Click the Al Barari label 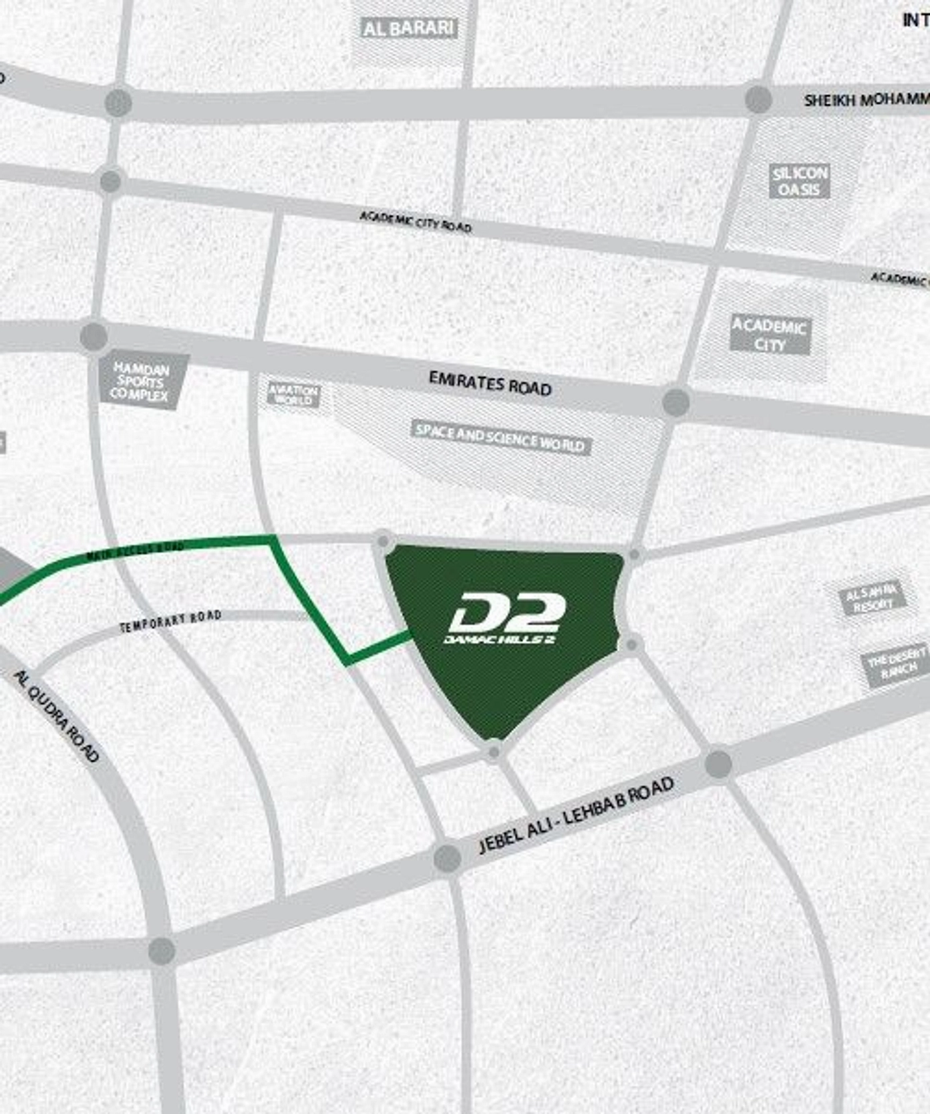click(409, 28)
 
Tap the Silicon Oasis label click(800, 181)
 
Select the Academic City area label click(770, 335)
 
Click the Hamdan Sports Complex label click(140, 381)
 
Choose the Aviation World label click(293, 394)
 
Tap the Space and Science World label click(500, 438)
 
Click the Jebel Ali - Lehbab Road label click(575, 815)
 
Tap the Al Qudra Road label click(57, 716)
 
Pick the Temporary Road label click(170, 621)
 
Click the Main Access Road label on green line click(135, 550)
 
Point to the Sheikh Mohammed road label click(866, 100)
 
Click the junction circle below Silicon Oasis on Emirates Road click(675, 402)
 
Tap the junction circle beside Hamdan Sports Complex click(94, 336)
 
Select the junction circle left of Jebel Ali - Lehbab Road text click(447, 858)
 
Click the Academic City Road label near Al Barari click(416, 221)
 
